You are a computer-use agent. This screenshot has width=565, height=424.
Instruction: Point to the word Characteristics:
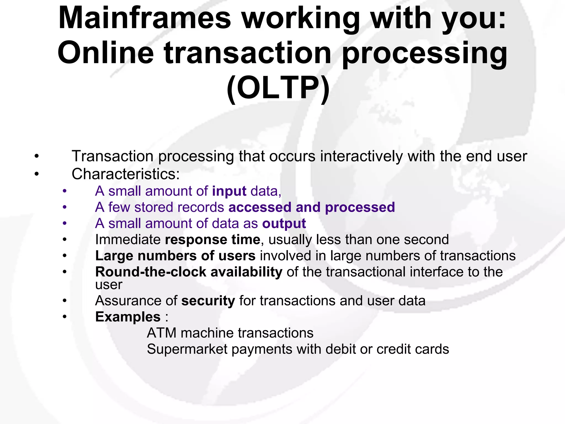pyautogui.click(x=126, y=174)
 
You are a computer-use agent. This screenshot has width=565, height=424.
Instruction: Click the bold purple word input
pyautogui.click(x=229, y=191)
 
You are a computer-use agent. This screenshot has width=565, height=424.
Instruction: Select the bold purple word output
pyautogui.click(x=284, y=224)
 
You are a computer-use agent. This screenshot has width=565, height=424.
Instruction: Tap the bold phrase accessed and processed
pyautogui.click(x=312, y=207)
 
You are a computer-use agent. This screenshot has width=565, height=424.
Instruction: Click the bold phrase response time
pyautogui.click(x=212, y=240)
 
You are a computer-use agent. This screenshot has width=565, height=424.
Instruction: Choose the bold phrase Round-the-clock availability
pyautogui.click(x=189, y=272)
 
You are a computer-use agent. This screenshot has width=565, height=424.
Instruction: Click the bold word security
pyautogui.click(x=208, y=301)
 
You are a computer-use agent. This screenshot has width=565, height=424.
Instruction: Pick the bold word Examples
pyautogui.click(x=128, y=317)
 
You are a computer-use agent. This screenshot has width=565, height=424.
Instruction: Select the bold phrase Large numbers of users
pyautogui.click(x=175, y=256)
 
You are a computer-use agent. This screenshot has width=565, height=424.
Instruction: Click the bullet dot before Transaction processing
pyautogui.click(x=37, y=157)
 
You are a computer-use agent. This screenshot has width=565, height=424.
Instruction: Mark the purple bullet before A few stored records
pyautogui.click(x=65, y=207)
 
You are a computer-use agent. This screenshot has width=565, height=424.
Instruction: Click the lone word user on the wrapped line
pyautogui.click(x=108, y=285)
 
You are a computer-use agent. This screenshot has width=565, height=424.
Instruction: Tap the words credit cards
pyautogui.click(x=413, y=349)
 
